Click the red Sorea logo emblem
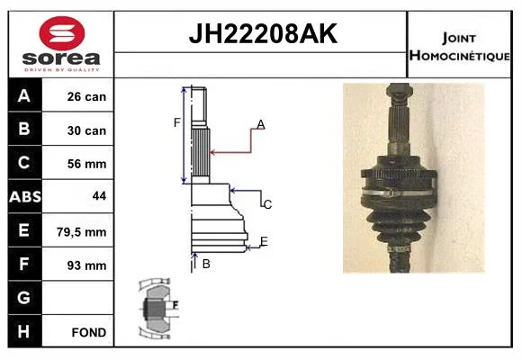click(62, 33)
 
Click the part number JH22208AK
click(263, 33)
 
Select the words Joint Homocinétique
click(459, 47)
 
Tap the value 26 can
click(86, 96)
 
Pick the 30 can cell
click(86, 130)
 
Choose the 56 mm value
click(86, 164)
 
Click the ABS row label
click(25, 197)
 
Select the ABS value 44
click(99, 196)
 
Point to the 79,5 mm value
click(82, 232)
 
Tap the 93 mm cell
click(86, 265)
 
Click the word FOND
click(89, 332)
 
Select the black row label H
click(24, 331)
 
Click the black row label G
click(24, 297)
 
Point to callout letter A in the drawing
click(261, 124)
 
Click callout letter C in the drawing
click(267, 204)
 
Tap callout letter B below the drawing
click(206, 264)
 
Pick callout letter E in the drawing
click(264, 241)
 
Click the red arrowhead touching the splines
click(213, 152)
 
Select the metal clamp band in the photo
click(399, 193)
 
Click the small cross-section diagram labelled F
click(158, 309)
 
